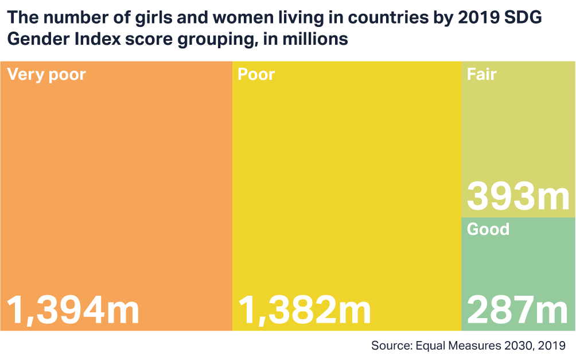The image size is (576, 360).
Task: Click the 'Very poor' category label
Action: pyautogui.click(x=46, y=75)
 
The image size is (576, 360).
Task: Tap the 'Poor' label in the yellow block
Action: pyautogui.click(x=256, y=75)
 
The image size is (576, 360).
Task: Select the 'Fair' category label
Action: pyautogui.click(x=481, y=75)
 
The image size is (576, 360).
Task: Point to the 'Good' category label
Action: pyautogui.click(x=488, y=229)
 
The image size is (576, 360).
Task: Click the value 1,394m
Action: pyautogui.click(x=73, y=310)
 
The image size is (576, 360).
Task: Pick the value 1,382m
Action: pyautogui.click(x=304, y=310)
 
